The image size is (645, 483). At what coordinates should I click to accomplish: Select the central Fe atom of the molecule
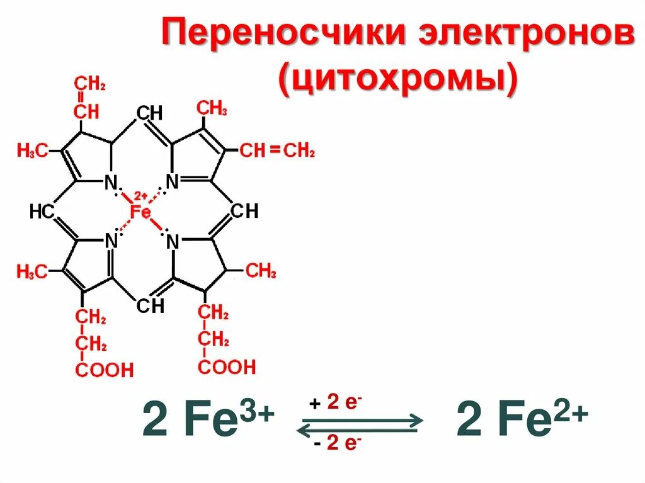140,212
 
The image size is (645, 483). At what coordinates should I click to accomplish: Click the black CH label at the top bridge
149,113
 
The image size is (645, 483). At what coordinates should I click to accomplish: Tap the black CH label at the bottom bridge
150,305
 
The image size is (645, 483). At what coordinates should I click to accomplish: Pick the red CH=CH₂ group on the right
277,151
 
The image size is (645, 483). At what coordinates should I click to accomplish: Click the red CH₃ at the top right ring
212,108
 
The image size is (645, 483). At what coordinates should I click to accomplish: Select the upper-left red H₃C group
32,151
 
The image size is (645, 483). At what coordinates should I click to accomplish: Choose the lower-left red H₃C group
32,272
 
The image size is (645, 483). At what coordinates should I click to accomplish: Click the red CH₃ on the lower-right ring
260,271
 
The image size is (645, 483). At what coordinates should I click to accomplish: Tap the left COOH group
105,370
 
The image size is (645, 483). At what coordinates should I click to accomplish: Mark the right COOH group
227,367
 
